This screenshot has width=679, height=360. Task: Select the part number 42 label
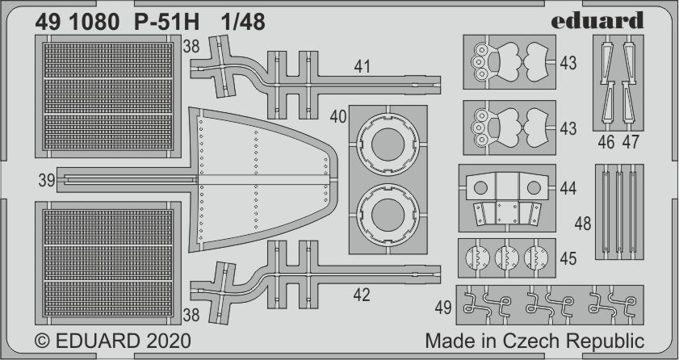[361, 295]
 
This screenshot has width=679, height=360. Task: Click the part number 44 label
[568, 189]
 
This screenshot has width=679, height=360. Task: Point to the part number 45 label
[568, 259]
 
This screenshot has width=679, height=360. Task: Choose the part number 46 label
[607, 143]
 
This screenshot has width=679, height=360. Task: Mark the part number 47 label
[631, 143]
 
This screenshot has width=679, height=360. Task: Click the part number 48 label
[581, 222]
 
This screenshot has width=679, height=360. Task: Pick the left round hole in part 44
[480, 188]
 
